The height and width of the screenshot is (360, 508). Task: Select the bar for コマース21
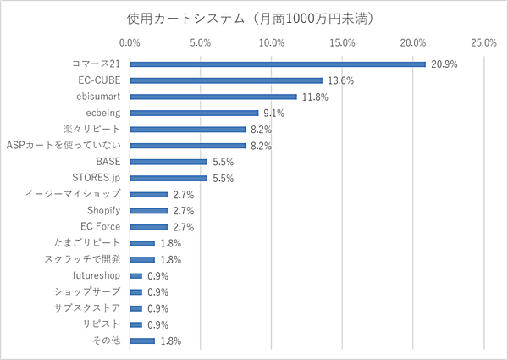(x=278, y=64)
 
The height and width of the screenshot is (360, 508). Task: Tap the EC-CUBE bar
(x=226, y=80)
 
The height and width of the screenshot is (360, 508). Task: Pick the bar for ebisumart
(x=213, y=97)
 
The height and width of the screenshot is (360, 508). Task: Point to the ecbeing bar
(x=194, y=113)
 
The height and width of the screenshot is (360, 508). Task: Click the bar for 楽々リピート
(x=188, y=129)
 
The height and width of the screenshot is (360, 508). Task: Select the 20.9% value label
(x=443, y=64)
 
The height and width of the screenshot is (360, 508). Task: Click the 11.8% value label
(x=315, y=97)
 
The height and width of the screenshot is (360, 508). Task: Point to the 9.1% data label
(x=273, y=113)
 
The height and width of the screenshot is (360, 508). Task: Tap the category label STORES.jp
(x=97, y=178)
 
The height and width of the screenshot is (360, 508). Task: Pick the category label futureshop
(x=97, y=275)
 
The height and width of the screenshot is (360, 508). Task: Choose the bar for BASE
(x=168, y=162)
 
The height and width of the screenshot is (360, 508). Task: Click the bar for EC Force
(x=149, y=227)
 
